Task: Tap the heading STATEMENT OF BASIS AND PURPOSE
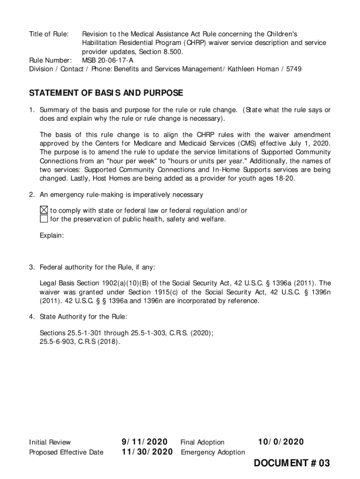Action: tap(106, 93)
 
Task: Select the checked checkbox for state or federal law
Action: tap(43, 210)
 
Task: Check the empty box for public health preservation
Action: tap(43, 219)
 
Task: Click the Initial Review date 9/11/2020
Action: tap(144, 442)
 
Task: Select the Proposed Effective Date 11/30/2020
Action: tap(147, 452)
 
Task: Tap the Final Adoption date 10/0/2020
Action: tap(281, 442)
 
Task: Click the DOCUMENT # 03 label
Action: tap(292, 464)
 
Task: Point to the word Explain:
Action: tap(51, 235)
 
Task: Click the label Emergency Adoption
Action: tap(213, 452)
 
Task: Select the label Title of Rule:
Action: tap(49, 34)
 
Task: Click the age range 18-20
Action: tap(285, 178)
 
